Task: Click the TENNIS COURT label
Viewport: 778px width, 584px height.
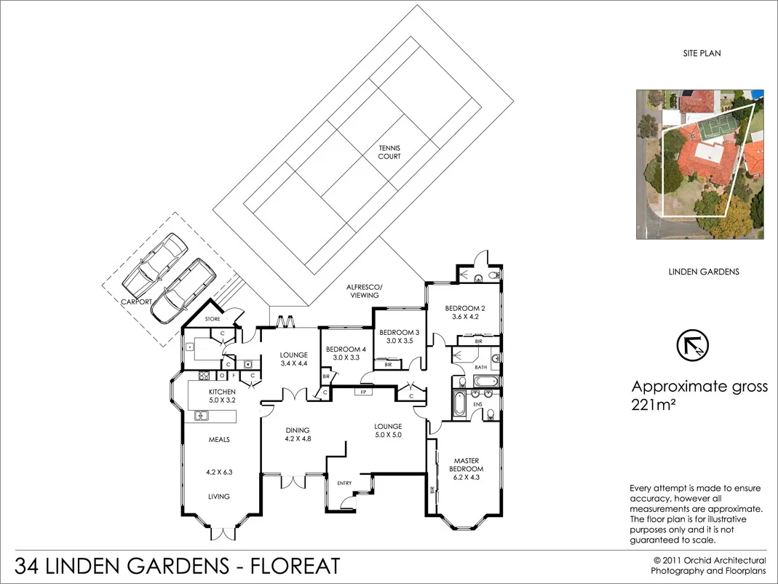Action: (x=389, y=152)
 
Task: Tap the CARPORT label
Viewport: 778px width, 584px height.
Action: (x=137, y=301)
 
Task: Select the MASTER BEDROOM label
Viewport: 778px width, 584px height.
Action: (x=466, y=465)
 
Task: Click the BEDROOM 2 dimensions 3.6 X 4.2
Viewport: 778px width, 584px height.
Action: (x=465, y=317)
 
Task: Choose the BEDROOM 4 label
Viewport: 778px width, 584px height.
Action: (x=346, y=349)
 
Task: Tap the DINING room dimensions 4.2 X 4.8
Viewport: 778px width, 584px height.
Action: (x=298, y=439)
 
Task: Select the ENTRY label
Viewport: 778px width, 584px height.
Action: (x=344, y=483)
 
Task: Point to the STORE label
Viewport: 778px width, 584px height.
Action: (x=212, y=319)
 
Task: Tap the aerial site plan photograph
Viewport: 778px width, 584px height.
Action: (x=700, y=165)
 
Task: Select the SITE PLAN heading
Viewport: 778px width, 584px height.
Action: (x=702, y=54)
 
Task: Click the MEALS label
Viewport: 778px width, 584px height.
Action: (x=219, y=440)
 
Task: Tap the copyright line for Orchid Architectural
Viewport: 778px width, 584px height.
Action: (x=709, y=561)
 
